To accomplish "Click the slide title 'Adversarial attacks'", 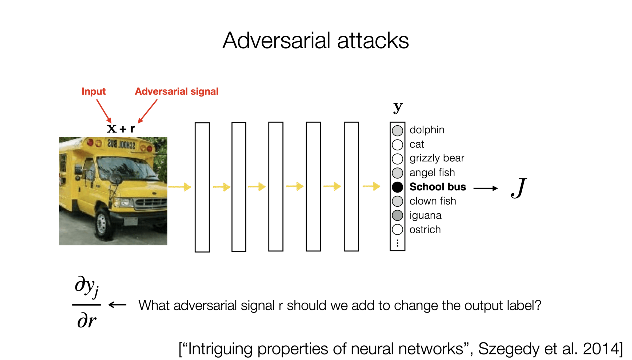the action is [x=315, y=41].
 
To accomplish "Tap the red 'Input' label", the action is [x=94, y=91].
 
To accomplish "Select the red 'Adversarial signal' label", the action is [x=177, y=91].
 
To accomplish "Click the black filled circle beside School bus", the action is [x=397, y=187].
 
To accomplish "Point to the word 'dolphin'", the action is [x=427, y=130].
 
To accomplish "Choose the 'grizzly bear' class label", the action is [x=437, y=158].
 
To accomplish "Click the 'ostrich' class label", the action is [x=425, y=230].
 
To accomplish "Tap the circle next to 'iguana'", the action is [x=397, y=215].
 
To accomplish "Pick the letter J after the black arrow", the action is [x=519, y=188].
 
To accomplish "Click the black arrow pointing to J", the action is [x=486, y=188].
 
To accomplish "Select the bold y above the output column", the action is [x=398, y=107].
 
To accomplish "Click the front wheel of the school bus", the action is [x=102, y=223].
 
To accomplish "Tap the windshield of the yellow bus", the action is [x=125, y=168].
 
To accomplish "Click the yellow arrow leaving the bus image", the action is [x=180, y=187].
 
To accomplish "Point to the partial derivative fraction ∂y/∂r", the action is [x=86, y=305].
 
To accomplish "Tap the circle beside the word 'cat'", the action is [x=397, y=145].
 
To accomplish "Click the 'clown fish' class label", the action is [x=433, y=201].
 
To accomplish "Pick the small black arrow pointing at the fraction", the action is [x=117, y=305].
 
